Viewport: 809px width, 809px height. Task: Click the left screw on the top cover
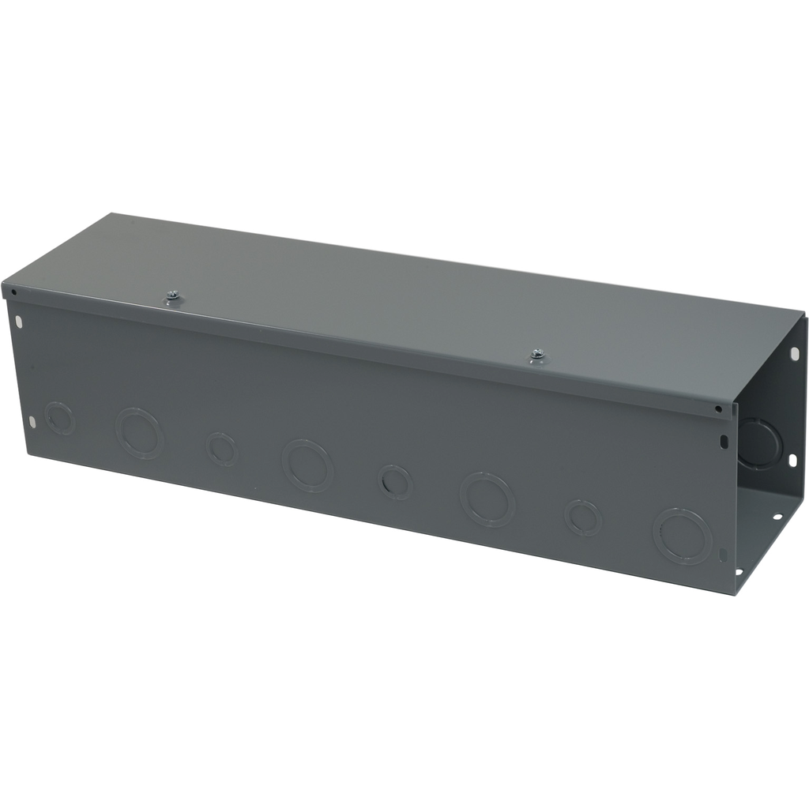pyautogui.click(x=173, y=297)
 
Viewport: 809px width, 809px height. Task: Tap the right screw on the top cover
pyautogui.click(x=537, y=356)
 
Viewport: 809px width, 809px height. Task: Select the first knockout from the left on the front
pyautogui.click(x=59, y=418)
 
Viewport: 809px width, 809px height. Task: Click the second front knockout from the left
pyautogui.click(x=139, y=432)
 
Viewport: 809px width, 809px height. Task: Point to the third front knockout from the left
pyautogui.click(x=222, y=449)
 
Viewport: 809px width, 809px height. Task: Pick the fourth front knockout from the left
pyautogui.click(x=307, y=465)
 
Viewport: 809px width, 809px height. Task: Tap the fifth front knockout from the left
pyautogui.click(x=395, y=481)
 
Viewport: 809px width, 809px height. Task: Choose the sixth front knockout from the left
pyautogui.click(x=487, y=499)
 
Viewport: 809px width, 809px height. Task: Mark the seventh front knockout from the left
pyautogui.click(x=583, y=517)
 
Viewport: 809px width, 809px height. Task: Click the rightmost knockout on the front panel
pyautogui.click(x=683, y=536)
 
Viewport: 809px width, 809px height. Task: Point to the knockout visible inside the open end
pyautogui.click(x=760, y=444)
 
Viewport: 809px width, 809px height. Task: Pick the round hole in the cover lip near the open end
pyautogui.click(x=717, y=409)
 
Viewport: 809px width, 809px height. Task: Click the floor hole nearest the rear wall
pyautogui.click(x=777, y=517)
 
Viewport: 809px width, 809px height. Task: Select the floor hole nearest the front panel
pyautogui.click(x=739, y=572)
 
